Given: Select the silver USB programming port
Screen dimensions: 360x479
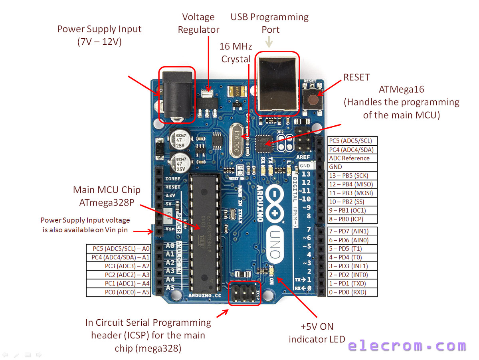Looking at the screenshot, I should (x=277, y=84).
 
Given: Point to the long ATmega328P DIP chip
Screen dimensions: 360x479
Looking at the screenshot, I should (x=205, y=233).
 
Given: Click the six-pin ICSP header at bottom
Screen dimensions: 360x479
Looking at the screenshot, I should (x=245, y=293).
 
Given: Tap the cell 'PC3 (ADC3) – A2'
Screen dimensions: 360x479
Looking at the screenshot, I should (x=119, y=266).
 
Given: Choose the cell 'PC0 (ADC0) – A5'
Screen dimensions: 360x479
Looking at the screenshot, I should (x=119, y=292).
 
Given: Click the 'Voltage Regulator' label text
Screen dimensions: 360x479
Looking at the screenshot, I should (x=198, y=23).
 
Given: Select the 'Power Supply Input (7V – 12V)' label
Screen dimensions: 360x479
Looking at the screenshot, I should (x=99, y=35).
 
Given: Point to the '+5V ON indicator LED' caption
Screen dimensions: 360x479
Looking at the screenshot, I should (x=317, y=333).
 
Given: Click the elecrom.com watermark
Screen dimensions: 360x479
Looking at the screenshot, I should (x=407, y=346).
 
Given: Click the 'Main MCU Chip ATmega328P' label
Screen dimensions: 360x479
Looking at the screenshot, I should (x=107, y=196).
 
